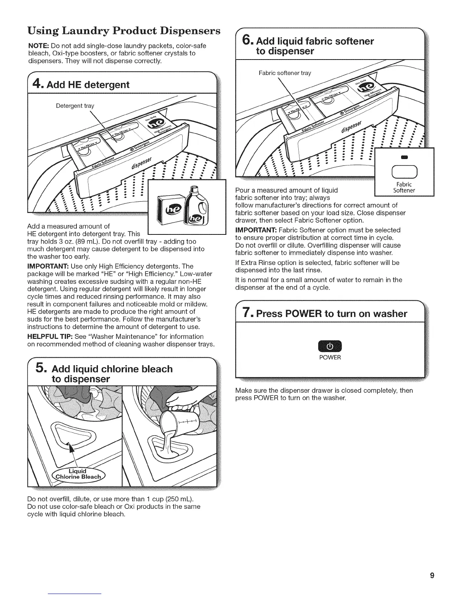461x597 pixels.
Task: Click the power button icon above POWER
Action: [x=330, y=346]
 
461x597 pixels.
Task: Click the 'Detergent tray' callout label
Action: [x=75, y=106]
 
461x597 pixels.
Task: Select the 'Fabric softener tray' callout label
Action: [x=285, y=73]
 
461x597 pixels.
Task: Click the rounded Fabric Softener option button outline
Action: [x=404, y=172]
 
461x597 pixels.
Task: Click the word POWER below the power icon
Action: [x=330, y=357]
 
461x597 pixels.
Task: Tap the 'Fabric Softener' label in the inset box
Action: [x=404, y=187]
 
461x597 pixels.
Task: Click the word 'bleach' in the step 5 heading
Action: [x=154, y=369]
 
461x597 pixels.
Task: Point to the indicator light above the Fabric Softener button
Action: [x=404, y=157]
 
